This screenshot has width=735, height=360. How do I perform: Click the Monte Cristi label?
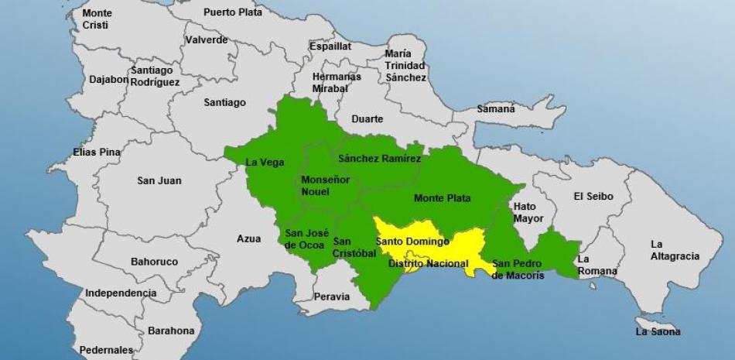click(x=97, y=19)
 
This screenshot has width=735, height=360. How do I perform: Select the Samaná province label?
click(x=495, y=109)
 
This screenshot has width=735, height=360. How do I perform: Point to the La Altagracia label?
click(x=675, y=250)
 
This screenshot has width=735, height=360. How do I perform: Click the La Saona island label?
click(x=658, y=331)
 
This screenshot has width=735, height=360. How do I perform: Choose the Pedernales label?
click(x=107, y=349)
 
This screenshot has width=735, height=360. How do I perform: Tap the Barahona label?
click(x=171, y=331)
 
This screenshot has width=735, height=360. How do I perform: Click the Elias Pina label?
click(x=97, y=153)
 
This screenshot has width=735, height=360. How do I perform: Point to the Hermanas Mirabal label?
click(x=337, y=83)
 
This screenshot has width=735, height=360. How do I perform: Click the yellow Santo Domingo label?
click(x=412, y=242)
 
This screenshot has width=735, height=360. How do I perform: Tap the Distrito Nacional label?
click(x=428, y=264)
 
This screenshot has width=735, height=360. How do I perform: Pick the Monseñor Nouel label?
click(x=325, y=186)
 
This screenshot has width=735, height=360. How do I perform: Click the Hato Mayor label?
click(x=529, y=212)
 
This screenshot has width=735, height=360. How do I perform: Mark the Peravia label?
click(x=332, y=297)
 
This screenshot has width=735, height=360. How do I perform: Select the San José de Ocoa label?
click(x=303, y=238)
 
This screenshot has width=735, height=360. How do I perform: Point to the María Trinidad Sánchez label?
click(x=405, y=66)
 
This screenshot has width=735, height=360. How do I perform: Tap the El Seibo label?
click(x=593, y=197)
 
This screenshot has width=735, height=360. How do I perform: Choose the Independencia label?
click(x=121, y=293)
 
